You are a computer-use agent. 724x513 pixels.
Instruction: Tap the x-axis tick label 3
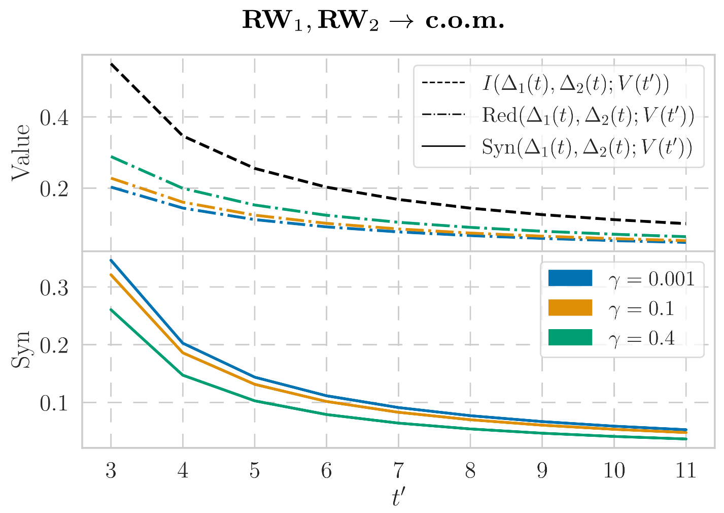tap(111, 472)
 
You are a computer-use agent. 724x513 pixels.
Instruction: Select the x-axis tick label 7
tap(398, 472)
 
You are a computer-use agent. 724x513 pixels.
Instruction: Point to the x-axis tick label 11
tap(686, 472)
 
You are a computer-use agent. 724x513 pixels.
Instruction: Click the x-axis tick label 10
tap(614, 472)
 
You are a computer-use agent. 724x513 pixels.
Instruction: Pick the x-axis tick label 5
tap(255, 472)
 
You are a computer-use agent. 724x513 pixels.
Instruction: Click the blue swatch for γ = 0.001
tap(570, 278)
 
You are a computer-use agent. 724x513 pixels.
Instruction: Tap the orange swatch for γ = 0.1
tap(570, 308)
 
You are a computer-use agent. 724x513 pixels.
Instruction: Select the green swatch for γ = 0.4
tap(570, 337)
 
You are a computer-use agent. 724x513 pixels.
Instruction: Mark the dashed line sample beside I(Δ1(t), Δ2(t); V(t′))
tap(443, 83)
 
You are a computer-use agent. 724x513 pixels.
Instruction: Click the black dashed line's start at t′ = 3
tap(111, 64)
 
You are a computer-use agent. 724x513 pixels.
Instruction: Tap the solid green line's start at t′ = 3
tap(111, 309)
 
